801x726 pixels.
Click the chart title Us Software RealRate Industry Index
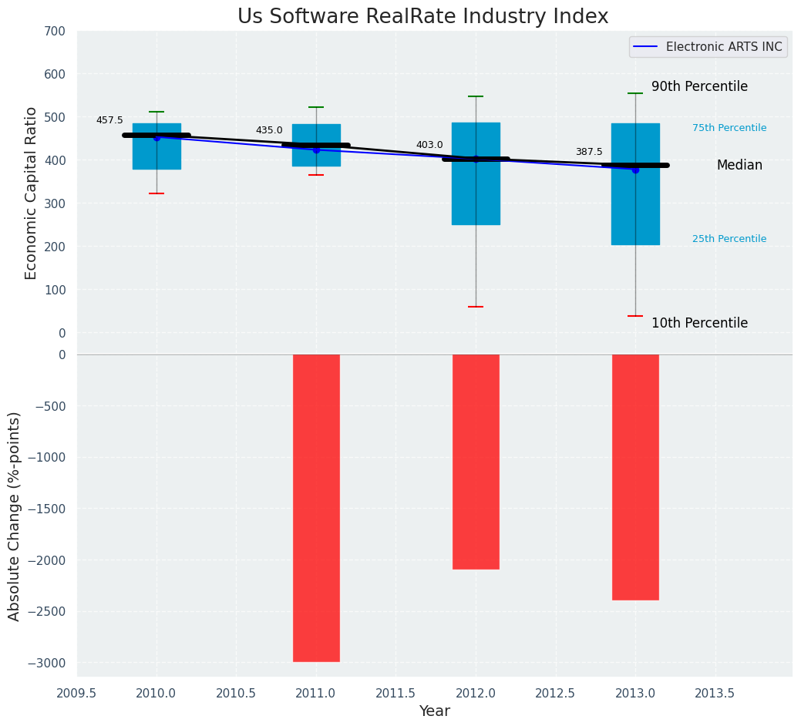pos(422,17)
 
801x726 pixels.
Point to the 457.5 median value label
pos(109,120)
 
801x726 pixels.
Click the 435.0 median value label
pos(269,130)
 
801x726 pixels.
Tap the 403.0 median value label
pos(429,145)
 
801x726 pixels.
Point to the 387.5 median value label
pos(589,152)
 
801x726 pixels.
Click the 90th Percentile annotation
pos(699,86)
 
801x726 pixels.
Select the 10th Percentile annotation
pos(699,323)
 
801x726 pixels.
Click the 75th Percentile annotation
pos(729,128)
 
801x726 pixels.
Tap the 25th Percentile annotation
pos(729,239)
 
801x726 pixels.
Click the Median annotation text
pos(739,165)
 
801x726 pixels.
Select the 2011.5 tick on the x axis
pos(396,693)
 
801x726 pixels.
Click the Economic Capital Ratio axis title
pos(32,193)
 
